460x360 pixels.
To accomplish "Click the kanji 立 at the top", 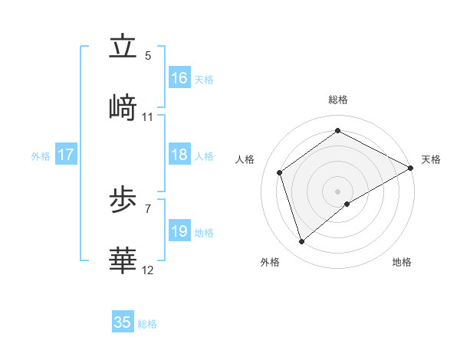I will pyautogui.click(x=123, y=47).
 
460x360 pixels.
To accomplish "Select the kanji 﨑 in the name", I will pyautogui.click(x=123, y=108).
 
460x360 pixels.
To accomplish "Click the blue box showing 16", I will pyautogui.click(x=179, y=78).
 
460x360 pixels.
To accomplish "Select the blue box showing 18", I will pyautogui.click(x=179, y=155).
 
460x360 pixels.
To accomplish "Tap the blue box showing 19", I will pyautogui.click(x=179, y=231).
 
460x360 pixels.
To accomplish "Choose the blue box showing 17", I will pyautogui.click(x=66, y=155).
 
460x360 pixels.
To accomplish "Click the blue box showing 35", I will pyautogui.click(x=123, y=322).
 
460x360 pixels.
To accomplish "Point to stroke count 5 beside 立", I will pyautogui.click(x=148, y=56).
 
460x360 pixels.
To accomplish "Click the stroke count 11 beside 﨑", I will pyautogui.click(x=148, y=117).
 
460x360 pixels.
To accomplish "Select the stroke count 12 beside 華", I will pyautogui.click(x=148, y=270).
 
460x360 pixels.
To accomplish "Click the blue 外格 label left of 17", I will pyautogui.click(x=41, y=155).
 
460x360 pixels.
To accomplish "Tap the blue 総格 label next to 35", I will pyautogui.click(x=147, y=324).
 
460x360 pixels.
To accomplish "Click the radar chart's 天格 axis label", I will pyautogui.click(x=431, y=159).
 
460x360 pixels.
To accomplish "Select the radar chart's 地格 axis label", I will pyautogui.click(x=402, y=262).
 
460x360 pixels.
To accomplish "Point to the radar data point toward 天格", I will pyautogui.click(x=411, y=168).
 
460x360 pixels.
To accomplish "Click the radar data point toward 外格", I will pyautogui.click(x=302, y=242).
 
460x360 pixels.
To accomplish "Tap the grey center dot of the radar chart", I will pyautogui.click(x=337, y=191).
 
